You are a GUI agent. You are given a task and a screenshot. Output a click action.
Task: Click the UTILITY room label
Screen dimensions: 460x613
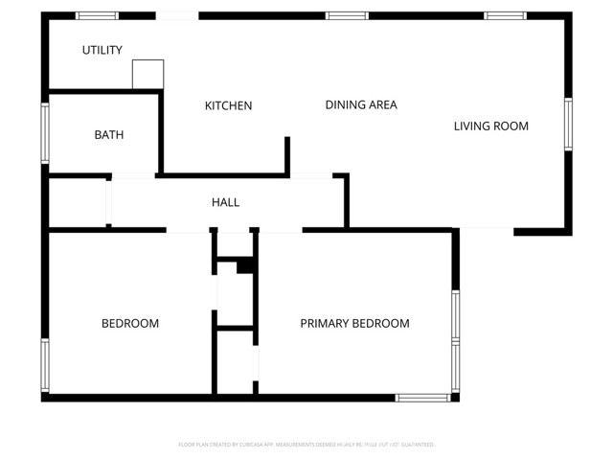(x=102, y=50)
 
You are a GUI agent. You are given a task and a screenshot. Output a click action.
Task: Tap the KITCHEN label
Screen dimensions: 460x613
(x=229, y=105)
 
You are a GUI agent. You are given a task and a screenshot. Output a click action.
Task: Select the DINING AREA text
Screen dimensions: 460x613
(x=361, y=104)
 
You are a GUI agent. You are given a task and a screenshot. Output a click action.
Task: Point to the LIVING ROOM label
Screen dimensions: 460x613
(x=490, y=126)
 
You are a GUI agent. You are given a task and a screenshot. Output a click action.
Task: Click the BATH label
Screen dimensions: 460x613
(x=108, y=135)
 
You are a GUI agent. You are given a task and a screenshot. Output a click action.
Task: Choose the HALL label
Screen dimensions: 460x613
(x=225, y=202)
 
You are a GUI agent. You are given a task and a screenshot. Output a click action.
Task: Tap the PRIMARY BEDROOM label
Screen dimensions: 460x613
(x=354, y=323)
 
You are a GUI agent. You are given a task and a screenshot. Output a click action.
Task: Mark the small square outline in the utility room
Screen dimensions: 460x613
(x=148, y=75)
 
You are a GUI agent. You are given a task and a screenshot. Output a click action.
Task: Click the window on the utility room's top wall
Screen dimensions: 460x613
(x=97, y=15)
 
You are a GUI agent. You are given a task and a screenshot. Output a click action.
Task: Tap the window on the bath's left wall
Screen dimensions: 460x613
(x=44, y=132)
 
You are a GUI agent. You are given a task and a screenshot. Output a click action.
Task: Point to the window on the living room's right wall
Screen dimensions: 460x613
(x=568, y=125)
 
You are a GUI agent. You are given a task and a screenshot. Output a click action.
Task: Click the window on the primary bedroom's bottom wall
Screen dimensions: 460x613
(x=422, y=397)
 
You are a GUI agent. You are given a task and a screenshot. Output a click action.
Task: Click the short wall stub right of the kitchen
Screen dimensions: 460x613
(x=286, y=156)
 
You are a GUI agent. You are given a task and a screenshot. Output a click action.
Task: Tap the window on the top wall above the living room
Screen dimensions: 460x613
(x=504, y=15)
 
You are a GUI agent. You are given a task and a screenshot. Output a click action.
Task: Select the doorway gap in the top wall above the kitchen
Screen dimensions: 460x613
(x=177, y=15)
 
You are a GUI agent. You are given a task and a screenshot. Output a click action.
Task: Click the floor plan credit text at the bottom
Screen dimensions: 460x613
(x=306, y=445)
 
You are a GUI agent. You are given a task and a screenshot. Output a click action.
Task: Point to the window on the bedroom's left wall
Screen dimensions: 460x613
(x=44, y=364)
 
